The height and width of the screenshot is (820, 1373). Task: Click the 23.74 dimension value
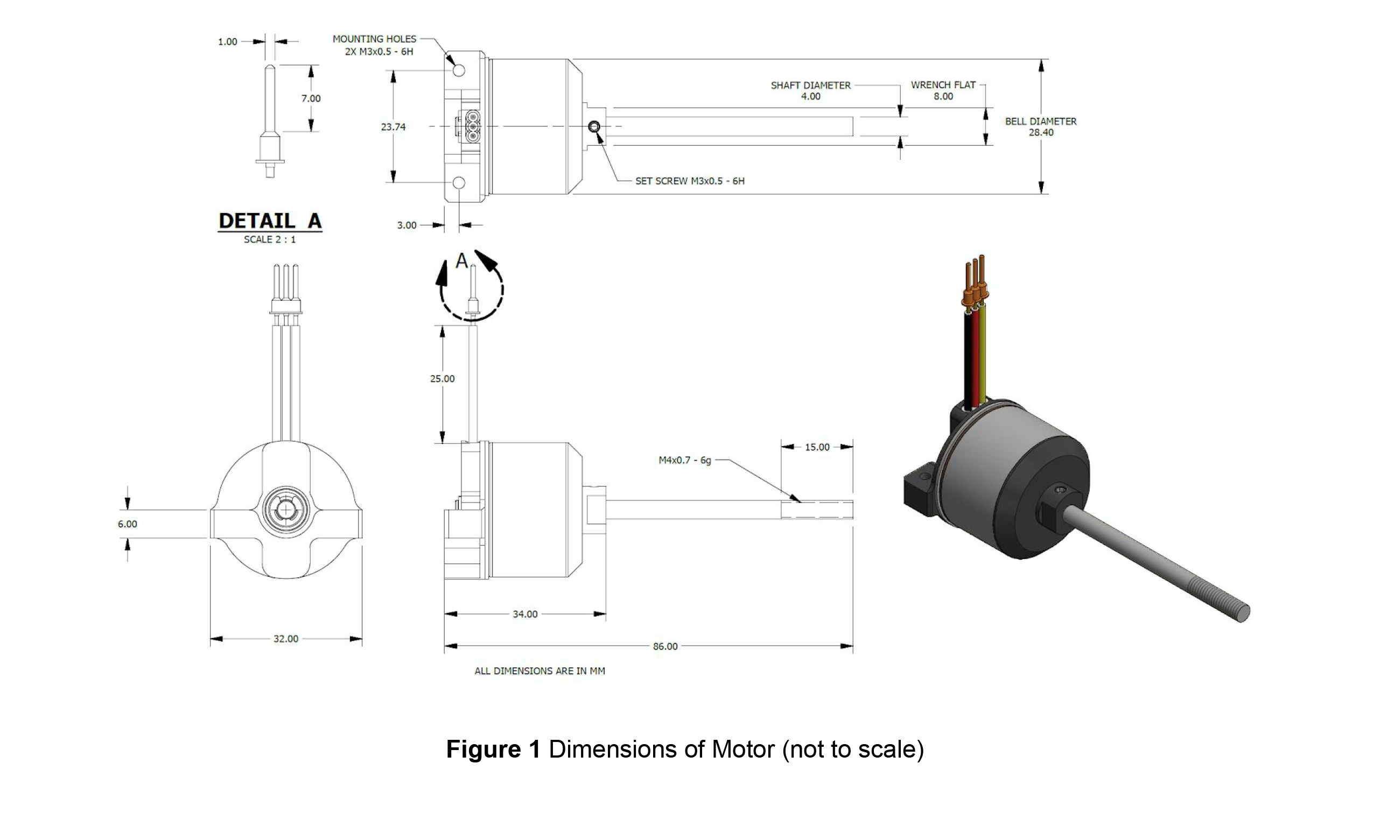click(393, 127)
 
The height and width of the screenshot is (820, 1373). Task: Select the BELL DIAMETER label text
click(1040, 122)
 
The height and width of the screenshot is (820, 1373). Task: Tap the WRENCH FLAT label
click(943, 85)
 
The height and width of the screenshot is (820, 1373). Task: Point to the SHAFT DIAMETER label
click(810, 86)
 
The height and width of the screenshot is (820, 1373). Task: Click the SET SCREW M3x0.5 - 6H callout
click(689, 181)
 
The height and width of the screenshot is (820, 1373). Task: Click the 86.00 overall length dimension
click(664, 647)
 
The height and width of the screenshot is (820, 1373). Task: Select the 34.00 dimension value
click(525, 614)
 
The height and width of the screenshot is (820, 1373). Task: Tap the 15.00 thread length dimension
click(817, 447)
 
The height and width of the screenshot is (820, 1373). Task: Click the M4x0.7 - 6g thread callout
click(684, 460)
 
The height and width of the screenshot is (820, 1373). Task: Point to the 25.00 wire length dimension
click(443, 379)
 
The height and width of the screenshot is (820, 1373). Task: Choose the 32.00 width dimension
click(286, 639)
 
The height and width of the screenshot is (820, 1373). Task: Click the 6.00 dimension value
click(127, 525)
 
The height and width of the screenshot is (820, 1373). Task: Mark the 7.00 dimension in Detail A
click(311, 99)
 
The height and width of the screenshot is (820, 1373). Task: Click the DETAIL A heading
click(270, 221)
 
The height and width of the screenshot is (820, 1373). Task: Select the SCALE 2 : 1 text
click(270, 240)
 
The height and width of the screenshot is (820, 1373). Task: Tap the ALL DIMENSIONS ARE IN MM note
click(540, 671)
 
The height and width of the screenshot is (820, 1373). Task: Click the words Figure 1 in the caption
click(493, 750)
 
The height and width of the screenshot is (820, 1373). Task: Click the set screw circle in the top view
click(594, 127)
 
